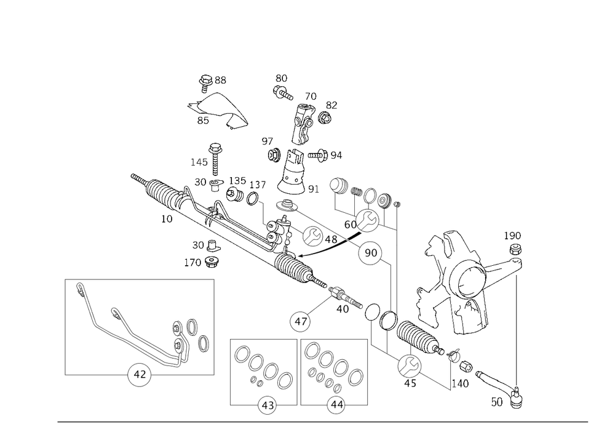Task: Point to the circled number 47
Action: coord(301,321)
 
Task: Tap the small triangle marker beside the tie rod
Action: coord(454,355)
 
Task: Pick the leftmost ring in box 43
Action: coord(239,355)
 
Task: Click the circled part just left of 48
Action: coord(313,234)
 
